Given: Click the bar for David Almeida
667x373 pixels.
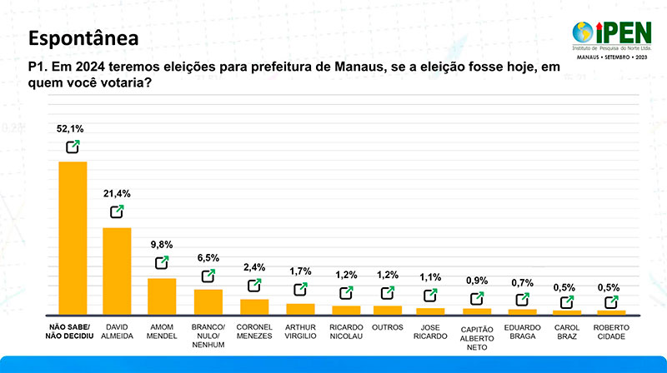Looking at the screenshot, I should [117, 270].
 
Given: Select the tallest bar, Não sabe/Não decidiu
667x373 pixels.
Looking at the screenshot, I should [73, 237].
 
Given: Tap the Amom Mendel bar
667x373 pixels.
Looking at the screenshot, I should [162, 296].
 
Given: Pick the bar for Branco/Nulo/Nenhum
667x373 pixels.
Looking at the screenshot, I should [208, 301].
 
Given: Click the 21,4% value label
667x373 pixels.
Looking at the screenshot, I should [117, 193].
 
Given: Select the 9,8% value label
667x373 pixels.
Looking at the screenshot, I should [162, 245].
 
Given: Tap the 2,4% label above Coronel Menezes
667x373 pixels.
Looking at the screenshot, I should [253, 267].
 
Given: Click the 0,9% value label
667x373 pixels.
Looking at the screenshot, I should [478, 281].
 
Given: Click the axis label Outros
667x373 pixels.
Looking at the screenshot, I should [388, 327].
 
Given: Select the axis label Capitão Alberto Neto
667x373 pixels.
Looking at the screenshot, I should [477, 336].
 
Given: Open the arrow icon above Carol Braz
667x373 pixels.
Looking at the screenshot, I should [568, 303].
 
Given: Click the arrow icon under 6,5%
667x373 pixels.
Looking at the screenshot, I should [208, 276].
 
